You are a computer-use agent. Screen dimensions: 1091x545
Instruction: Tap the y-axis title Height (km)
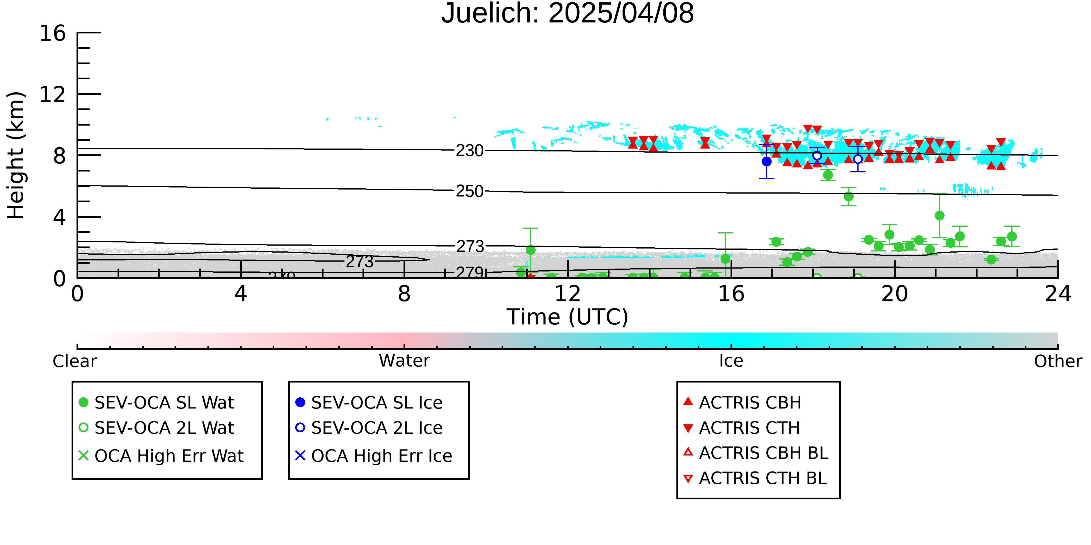16,155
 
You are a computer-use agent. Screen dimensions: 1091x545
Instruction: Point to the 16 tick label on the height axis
53,33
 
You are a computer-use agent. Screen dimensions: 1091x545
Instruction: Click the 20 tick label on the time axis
895,294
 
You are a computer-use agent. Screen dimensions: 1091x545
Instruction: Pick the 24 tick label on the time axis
1058,294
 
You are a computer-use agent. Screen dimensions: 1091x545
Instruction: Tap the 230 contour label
470,151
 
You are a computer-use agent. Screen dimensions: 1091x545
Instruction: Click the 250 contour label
470,191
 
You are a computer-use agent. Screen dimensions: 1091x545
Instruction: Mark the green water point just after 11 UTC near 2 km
530,250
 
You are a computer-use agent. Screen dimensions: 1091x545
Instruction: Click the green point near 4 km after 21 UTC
939,215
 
